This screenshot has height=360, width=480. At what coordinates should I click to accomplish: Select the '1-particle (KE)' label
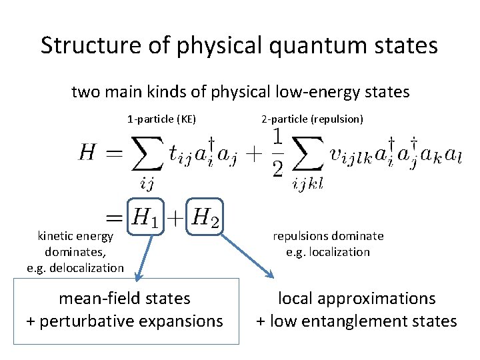point(161,119)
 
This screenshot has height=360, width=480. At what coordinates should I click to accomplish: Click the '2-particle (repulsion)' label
point(312,119)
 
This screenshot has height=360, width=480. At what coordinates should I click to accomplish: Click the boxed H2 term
point(204,216)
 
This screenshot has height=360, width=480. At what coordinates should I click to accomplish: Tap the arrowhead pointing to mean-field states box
point(137,276)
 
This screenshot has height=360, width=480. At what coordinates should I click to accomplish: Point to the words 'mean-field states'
point(125,299)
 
